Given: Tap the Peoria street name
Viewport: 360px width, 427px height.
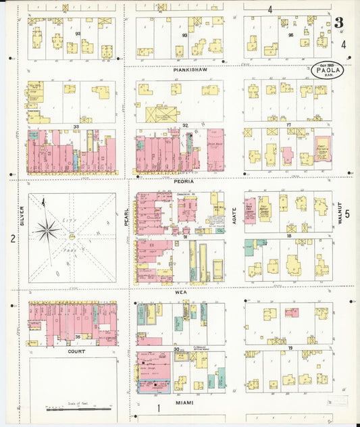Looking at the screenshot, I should [x=182, y=181].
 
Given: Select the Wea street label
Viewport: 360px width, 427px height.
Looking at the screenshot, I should [x=180, y=293].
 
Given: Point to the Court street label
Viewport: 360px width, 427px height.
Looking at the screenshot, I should [x=76, y=351].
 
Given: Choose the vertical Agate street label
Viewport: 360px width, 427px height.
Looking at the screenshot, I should [x=234, y=215].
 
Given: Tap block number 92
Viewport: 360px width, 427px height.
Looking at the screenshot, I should [x=78, y=32].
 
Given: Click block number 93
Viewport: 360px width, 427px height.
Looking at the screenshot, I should [x=184, y=34].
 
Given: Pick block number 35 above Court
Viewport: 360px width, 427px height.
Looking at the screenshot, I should [x=78, y=336].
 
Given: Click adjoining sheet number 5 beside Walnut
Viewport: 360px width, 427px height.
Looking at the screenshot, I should [x=347, y=214].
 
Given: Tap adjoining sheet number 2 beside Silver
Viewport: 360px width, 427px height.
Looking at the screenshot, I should [x=12, y=238].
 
